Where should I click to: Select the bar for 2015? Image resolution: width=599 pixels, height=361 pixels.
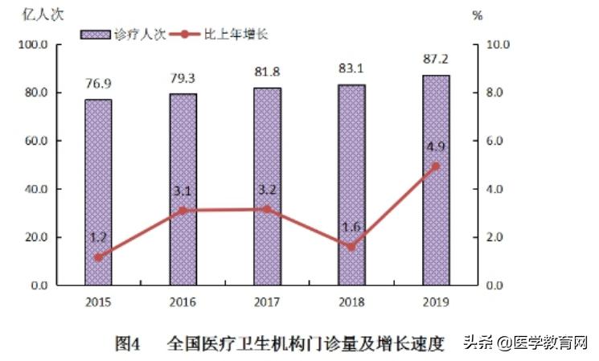98,192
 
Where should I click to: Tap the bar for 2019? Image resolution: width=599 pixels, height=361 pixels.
436,180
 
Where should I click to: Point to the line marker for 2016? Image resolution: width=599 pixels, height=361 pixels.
183,211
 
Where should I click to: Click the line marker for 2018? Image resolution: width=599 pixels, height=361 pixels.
351,247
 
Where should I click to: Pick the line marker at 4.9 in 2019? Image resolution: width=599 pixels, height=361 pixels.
436,166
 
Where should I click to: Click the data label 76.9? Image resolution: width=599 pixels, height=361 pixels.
98,84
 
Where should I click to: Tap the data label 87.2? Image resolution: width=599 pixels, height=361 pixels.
436,59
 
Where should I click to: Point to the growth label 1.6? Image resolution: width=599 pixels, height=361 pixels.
351,227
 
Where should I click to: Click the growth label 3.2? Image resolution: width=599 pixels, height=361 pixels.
267,191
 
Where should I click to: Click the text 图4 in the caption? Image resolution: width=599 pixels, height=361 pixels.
128,343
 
